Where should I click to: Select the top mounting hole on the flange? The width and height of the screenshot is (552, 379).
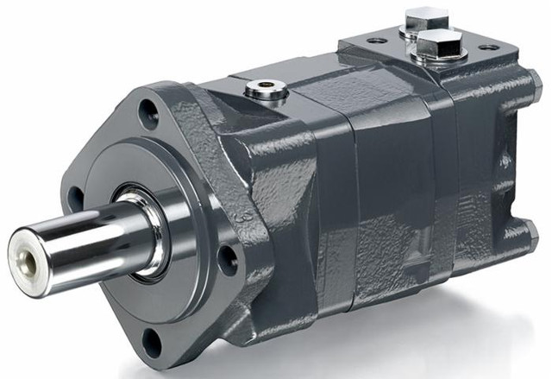149,111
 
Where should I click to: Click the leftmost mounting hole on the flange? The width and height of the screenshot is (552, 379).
75,198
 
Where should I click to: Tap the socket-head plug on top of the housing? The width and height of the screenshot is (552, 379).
265,88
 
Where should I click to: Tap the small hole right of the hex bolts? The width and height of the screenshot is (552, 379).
488,47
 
